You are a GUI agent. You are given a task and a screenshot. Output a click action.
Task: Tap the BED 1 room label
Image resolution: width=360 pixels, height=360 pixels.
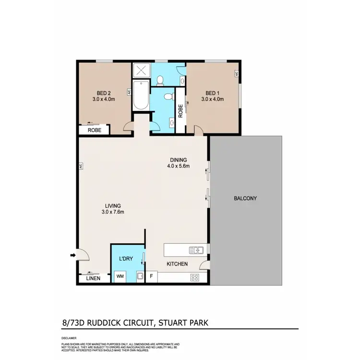pos(213,93)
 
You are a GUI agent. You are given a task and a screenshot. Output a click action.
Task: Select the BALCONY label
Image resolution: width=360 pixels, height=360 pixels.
pos(245,198)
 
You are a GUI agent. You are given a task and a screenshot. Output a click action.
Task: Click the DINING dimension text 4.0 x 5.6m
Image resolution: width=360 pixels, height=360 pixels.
pos(179,167)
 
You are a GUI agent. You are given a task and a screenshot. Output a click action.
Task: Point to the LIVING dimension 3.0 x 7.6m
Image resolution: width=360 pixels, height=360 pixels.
pos(113,212)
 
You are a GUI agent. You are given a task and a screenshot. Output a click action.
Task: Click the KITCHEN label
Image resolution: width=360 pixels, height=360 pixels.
pos(177,264)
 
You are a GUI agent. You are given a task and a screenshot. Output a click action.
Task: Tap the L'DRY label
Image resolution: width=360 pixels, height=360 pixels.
pos(126,259)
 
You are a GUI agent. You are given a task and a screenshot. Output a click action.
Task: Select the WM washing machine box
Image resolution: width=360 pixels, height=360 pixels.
pos(119,277)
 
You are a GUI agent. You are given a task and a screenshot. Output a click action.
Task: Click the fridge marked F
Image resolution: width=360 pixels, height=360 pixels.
pos(151,277)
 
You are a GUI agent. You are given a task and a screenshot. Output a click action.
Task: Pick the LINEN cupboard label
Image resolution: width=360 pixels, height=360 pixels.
pos(93,278)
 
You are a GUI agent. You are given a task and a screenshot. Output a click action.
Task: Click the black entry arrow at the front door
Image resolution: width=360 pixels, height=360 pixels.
pos(72,255)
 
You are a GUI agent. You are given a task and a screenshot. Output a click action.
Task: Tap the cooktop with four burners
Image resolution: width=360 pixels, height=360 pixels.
pos(195,277)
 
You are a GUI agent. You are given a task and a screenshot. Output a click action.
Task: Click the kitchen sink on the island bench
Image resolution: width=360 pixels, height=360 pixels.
pos(197,250)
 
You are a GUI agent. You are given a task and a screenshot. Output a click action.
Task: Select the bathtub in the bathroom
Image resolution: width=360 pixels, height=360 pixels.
pos(141,95)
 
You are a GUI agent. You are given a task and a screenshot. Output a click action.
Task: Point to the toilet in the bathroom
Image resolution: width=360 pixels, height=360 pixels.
pos(168,97)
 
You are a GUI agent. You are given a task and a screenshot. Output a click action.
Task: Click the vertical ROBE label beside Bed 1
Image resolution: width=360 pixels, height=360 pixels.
pos(180,111)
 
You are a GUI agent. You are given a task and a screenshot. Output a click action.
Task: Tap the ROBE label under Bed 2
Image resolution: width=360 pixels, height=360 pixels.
pos(95,130)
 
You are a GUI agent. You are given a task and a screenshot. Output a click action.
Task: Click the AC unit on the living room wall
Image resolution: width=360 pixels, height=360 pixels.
pos(81,167)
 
